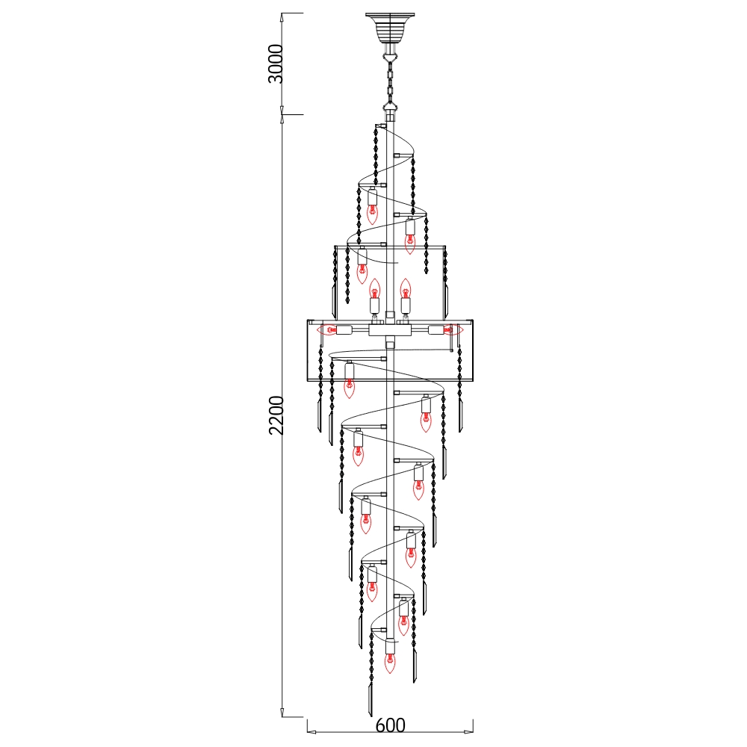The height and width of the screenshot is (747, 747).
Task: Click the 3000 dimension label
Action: (x=276, y=63)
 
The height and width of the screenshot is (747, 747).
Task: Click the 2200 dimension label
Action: (x=276, y=415)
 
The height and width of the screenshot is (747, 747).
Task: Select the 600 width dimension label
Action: (x=390, y=725)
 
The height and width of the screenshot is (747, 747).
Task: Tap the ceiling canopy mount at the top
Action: (x=390, y=28)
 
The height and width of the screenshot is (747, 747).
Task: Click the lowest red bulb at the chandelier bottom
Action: (x=390, y=663)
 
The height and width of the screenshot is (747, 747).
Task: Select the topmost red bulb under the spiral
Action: (x=372, y=213)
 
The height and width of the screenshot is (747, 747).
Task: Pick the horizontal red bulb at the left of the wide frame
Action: (x=327, y=329)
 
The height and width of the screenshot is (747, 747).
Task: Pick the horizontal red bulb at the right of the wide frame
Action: (x=452, y=329)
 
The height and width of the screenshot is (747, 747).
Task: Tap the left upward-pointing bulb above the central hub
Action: (x=375, y=288)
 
